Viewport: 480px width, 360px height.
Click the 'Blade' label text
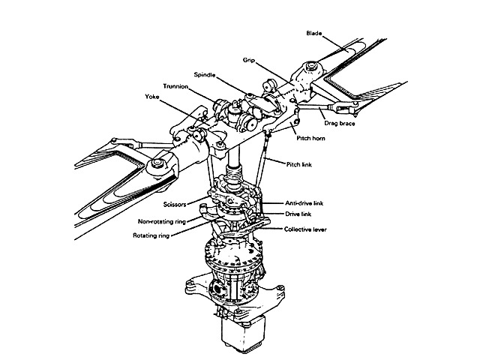tap(316, 33)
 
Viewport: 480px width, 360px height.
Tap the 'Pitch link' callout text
tap(301, 163)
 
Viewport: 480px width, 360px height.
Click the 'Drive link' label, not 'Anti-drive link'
tap(299, 214)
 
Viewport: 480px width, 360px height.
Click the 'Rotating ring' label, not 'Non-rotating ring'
tap(150, 235)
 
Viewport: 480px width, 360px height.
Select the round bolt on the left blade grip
tap(157, 163)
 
